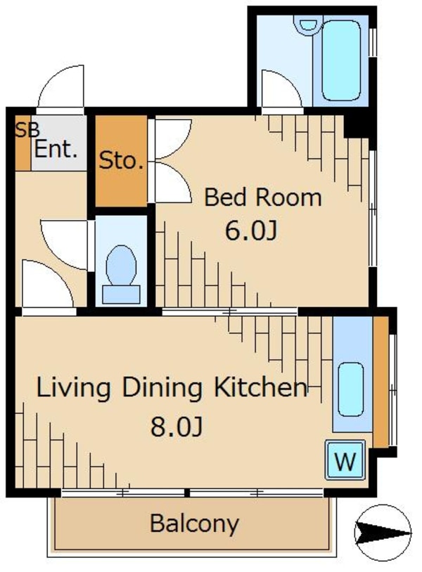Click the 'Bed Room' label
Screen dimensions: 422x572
(262, 197)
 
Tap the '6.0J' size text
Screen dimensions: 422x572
(251, 231)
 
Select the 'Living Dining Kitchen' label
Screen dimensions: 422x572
(172, 387)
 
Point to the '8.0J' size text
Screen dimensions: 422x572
(177, 427)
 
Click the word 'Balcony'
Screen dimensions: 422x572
(194, 524)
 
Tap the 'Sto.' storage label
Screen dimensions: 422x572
(121, 160)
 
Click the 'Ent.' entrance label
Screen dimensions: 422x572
(56, 149)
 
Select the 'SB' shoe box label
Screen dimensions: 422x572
(27, 130)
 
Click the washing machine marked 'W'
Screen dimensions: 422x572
(345, 460)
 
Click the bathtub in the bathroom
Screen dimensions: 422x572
(341, 60)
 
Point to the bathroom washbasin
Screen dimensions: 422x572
(308, 24)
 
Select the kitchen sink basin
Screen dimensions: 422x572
(351, 389)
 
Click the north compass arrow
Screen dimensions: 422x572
(383, 533)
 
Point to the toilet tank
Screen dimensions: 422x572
(121, 294)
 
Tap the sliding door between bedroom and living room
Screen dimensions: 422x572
(229, 312)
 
